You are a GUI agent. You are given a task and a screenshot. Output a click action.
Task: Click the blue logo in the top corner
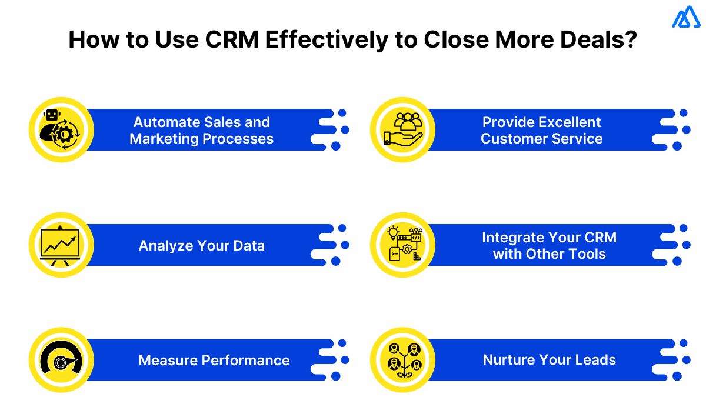[685, 18]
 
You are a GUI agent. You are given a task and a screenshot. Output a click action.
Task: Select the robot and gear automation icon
[61, 129]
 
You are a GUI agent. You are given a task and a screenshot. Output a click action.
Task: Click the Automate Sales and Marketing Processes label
[201, 130]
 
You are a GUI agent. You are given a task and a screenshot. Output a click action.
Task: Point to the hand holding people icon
[402, 129]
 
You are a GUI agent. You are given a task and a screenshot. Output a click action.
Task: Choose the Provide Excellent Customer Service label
[541, 130]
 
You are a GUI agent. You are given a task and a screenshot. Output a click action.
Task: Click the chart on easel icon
[61, 245]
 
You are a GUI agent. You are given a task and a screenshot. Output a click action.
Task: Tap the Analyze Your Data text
[201, 245]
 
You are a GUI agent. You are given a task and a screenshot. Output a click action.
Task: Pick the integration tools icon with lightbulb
[402, 245]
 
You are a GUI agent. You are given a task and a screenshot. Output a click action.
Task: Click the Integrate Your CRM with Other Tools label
[549, 245]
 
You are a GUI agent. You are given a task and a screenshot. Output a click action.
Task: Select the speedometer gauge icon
[61, 360]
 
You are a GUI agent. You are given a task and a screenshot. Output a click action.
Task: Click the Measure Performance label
[214, 360]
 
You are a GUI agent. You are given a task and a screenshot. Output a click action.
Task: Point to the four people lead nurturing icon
[402, 360]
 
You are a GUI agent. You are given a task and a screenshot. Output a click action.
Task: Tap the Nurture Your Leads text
[549, 360]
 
